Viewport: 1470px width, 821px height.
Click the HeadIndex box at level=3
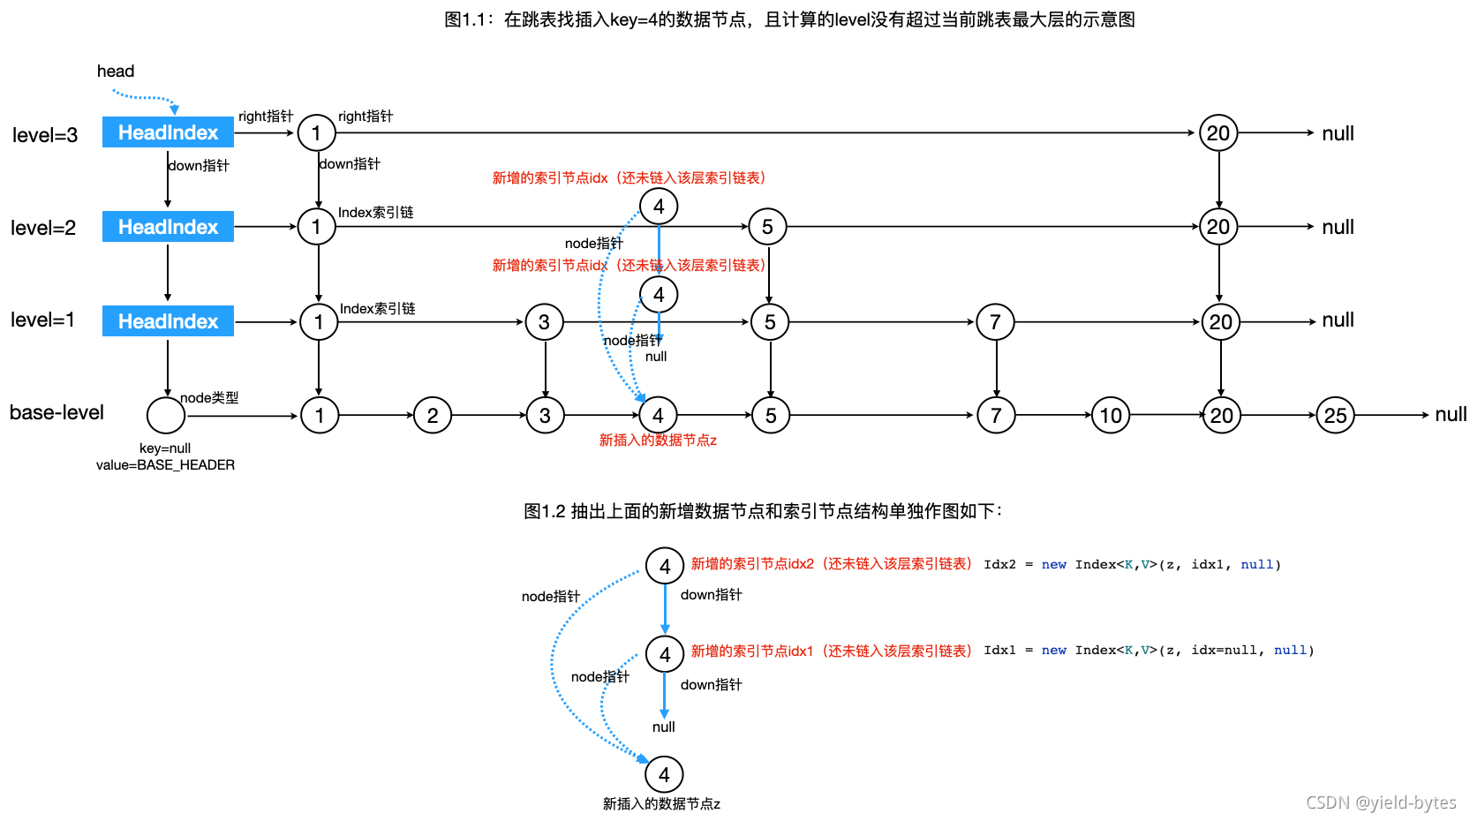(168, 132)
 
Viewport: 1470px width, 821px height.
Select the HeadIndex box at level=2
(168, 227)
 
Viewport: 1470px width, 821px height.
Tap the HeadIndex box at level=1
(168, 321)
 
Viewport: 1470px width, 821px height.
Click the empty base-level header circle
(166, 415)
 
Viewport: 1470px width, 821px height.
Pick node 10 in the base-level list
(1111, 415)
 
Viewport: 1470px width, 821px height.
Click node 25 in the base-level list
(1335, 415)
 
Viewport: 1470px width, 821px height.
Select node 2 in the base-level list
(433, 415)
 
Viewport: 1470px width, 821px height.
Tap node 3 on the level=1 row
(544, 322)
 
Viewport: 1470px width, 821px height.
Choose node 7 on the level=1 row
(995, 322)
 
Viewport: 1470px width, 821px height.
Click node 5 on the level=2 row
(767, 227)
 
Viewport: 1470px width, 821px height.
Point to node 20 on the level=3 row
(1218, 133)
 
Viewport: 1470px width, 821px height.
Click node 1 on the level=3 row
(316, 133)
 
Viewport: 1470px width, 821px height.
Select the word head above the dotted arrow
(116, 72)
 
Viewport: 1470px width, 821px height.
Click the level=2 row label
(43, 228)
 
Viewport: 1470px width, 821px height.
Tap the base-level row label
(57, 412)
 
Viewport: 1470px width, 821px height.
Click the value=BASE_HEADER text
(165, 465)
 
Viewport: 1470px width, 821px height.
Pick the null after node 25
(1451, 414)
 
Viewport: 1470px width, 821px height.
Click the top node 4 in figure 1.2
(665, 566)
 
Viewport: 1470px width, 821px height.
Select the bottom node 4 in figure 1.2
(664, 774)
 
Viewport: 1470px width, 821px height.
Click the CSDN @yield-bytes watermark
(1381, 802)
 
